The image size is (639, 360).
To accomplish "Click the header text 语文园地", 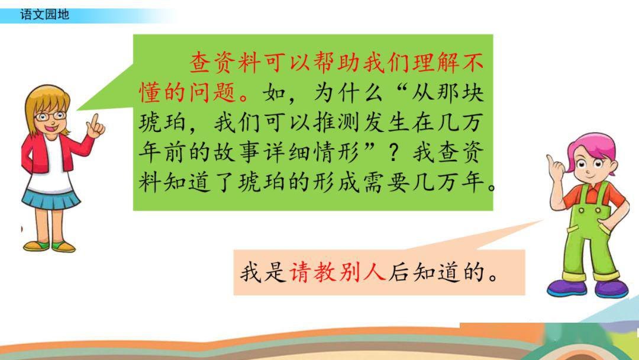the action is [x=44, y=15].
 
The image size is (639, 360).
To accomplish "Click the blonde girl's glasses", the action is [x=50, y=116].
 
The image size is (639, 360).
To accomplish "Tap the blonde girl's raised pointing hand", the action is [x=95, y=126].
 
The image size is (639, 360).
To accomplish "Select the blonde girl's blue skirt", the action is [x=50, y=200].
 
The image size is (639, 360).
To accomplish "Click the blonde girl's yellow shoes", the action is [x=50, y=246].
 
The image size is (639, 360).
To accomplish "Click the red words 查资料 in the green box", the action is [x=225, y=62].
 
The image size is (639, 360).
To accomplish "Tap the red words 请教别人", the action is [x=338, y=272].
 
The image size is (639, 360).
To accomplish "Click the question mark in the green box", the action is [x=393, y=153].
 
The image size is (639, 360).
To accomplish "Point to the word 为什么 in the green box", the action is [x=348, y=92].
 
